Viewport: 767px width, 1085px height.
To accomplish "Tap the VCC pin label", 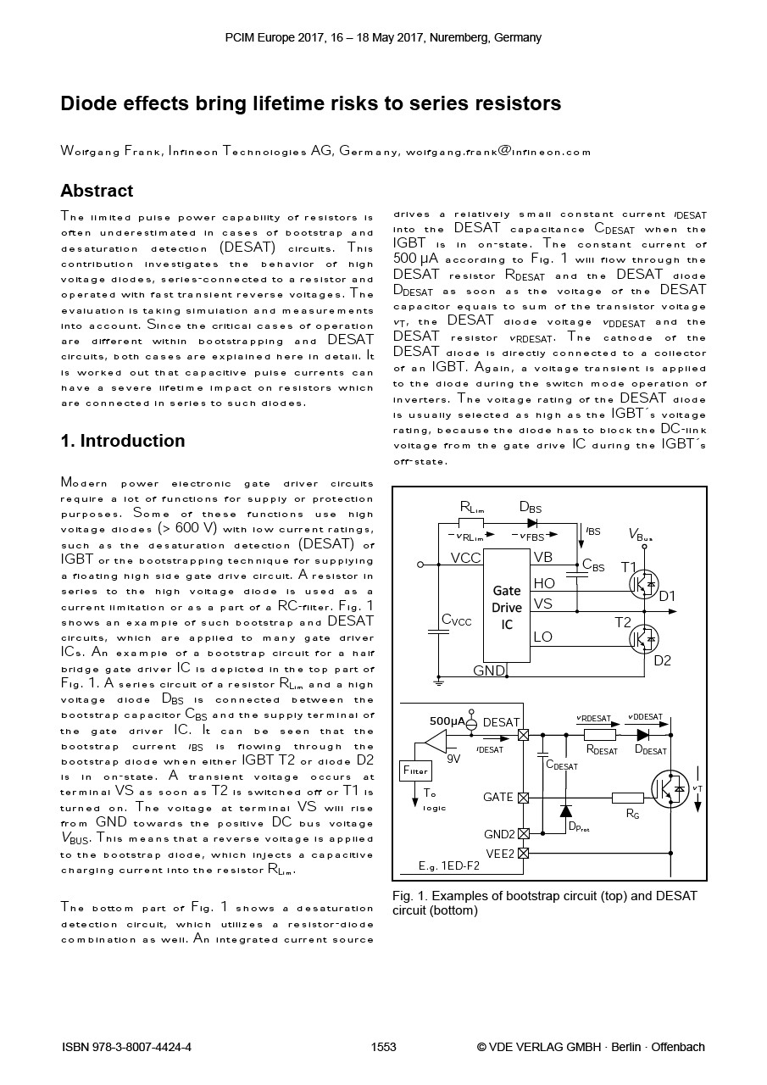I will click(x=466, y=558).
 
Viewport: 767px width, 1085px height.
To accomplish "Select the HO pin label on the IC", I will click(x=544, y=583).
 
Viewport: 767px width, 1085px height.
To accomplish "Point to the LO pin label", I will click(x=543, y=637).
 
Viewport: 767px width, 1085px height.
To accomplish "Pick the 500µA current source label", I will click(x=447, y=721).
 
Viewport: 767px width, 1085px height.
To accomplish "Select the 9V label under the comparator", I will click(x=453, y=759).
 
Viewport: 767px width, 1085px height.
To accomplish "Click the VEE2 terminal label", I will click(x=500, y=854).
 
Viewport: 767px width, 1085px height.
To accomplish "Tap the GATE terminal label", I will click(x=498, y=798).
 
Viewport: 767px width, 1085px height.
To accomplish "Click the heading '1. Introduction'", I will click(x=123, y=441).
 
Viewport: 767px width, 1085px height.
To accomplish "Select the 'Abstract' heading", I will click(x=97, y=191).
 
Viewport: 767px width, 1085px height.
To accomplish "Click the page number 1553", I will click(x=384, y=1047).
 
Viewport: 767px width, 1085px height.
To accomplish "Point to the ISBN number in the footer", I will click(x=127, y=1047).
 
